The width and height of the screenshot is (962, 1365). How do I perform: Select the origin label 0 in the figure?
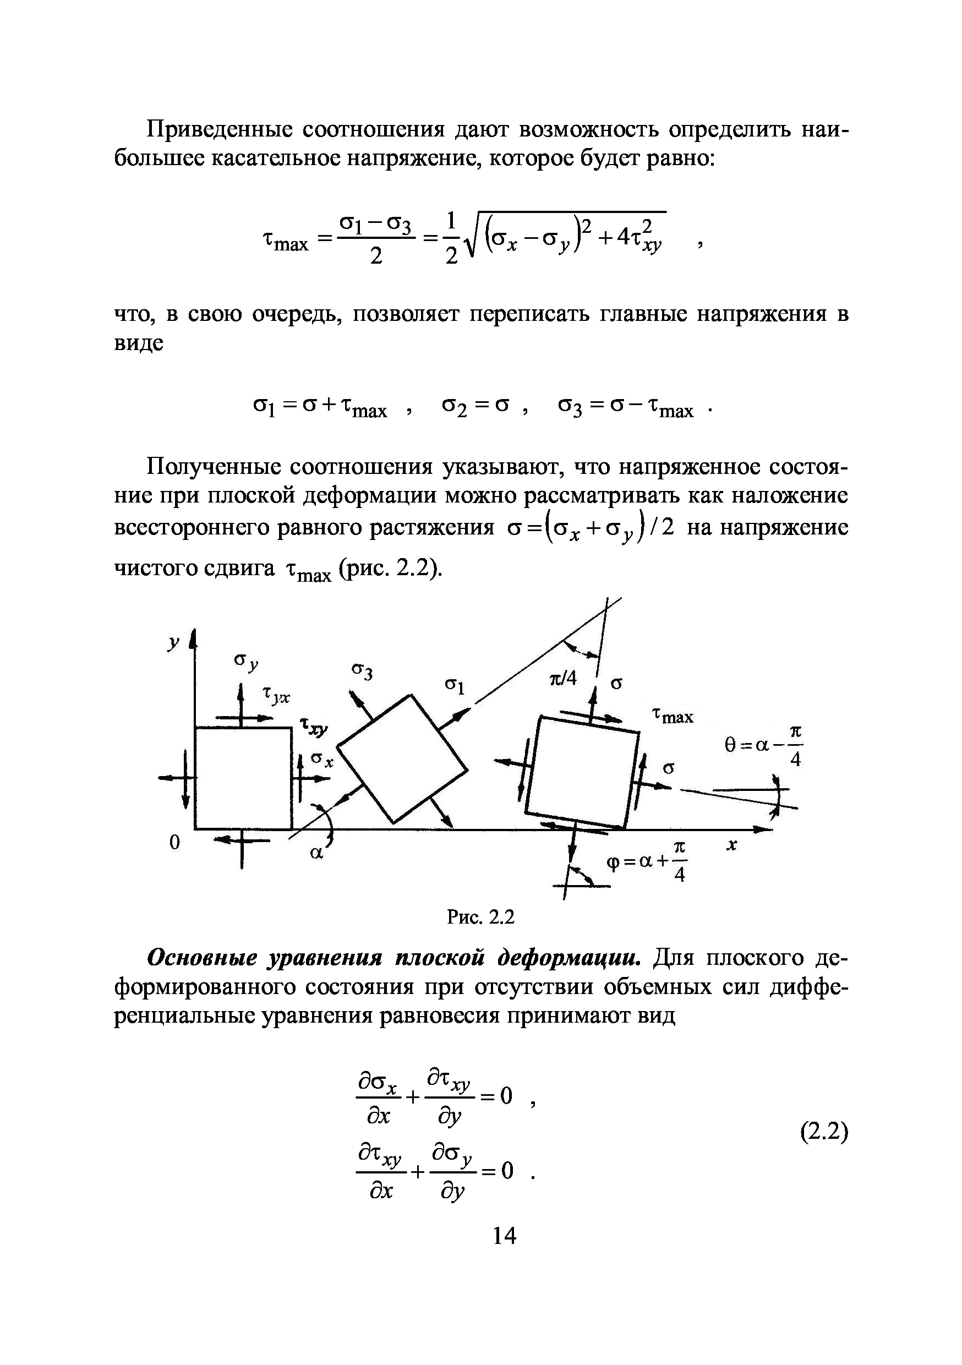pyautogui.click(x=174, y=843)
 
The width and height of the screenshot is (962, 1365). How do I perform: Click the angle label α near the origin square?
pyautogui.click(x=317, y=853)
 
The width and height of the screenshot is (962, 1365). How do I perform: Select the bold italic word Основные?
pyautogui.click(x=201, y=958)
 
